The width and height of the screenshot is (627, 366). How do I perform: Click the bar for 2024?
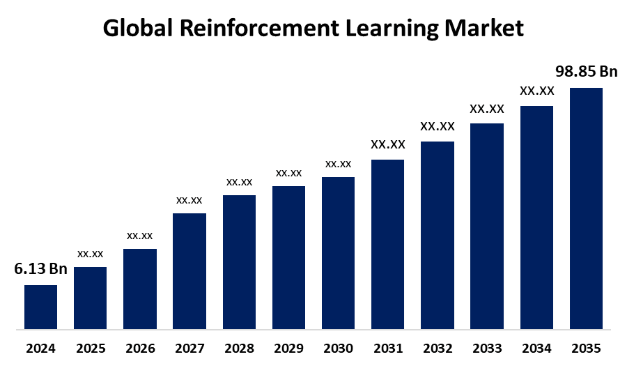coord(40,307)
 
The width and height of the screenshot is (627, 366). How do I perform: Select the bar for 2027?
coord(189,270)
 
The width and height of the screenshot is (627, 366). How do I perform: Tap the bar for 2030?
coord(338,252)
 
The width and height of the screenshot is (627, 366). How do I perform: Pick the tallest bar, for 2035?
coord(586,208)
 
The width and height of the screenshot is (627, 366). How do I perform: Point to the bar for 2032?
coord(438,235)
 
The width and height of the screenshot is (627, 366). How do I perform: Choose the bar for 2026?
coord(140,289)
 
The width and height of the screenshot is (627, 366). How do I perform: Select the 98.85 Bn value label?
coord(586,72)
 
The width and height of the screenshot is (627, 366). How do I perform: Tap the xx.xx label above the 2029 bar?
coord(288,173)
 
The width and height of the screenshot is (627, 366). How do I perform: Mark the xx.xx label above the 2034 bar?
coord(536,91)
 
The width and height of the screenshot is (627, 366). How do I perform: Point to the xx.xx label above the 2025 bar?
coord(90,254)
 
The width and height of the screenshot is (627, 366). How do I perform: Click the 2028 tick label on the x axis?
coord(239,348)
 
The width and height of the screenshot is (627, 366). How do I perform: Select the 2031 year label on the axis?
coord(388,348)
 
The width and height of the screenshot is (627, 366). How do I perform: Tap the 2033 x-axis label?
coord(487,348)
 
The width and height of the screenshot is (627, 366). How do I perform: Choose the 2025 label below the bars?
coord(90,348)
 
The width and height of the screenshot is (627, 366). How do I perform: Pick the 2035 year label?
coord(586,348)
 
